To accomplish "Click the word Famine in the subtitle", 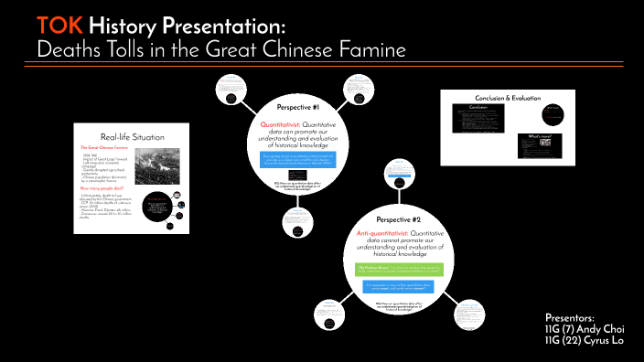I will [x=367, y=48].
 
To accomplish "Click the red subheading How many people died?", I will [x=106, y=186].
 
